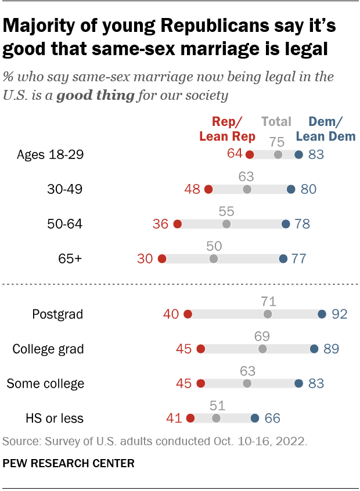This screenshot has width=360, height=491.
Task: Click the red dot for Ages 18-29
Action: (x=250, y=154)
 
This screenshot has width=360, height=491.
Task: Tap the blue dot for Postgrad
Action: (x=322, y=315)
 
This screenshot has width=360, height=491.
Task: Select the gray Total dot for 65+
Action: (x=214, y=259)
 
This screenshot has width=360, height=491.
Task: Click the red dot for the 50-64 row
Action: (x=178, y=224)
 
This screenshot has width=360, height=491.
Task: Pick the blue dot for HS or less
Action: (x=255, y=418)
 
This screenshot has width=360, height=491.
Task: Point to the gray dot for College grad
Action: (x=262, y=349)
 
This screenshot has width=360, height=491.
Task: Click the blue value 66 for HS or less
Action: (x=273, y=418)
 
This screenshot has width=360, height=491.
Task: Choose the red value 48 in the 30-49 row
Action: (x=192, y=189)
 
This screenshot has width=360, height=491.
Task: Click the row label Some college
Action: (x=45, y=384)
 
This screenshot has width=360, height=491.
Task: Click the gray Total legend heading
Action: (x=276, y=121)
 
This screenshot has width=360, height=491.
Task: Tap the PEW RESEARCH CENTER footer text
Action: (x=69, y=464)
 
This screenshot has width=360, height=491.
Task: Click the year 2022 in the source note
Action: (x=292, y=442)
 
